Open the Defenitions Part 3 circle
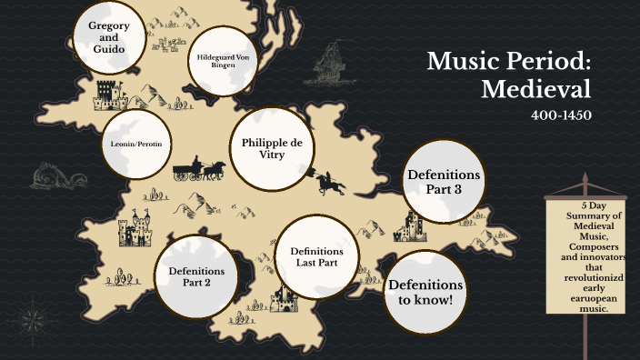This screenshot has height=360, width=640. [445, 181]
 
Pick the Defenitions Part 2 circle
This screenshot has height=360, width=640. [195, 275]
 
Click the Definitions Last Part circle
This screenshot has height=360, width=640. [315, 257]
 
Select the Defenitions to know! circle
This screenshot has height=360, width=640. [425, 291]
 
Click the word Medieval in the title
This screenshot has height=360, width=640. [536, 89]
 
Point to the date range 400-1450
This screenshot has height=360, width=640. [561, 115]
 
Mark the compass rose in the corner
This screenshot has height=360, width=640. [35, 321]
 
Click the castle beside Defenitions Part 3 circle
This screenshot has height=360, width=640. [411, 226]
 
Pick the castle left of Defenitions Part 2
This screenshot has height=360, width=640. [137, 231]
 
